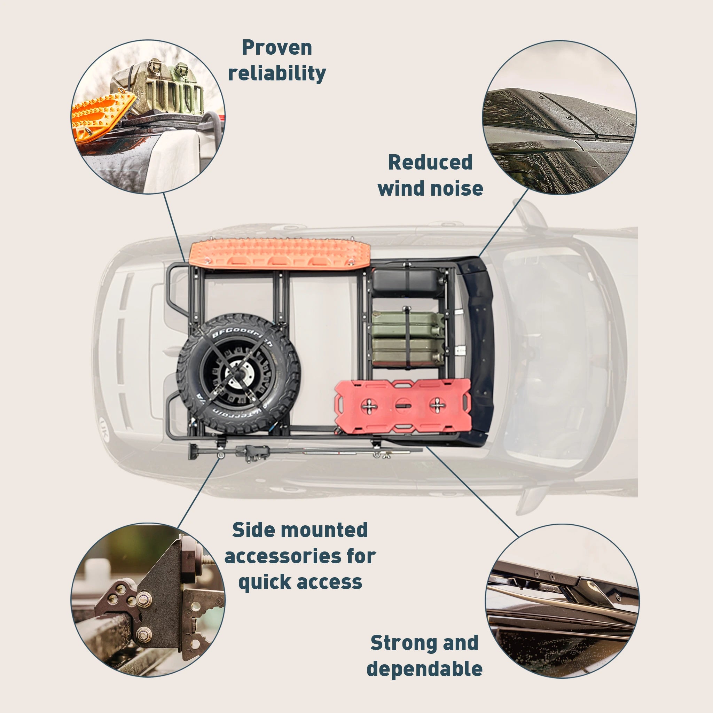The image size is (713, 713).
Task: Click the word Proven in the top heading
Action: (x=277, y=48)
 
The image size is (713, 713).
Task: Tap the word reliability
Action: (x=277, y=73)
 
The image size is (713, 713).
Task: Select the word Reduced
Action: (x=430, y=162)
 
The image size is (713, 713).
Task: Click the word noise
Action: (x=457, y=188)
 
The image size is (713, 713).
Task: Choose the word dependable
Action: (x=424, y=669)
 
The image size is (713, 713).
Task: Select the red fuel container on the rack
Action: (x=403, y=406)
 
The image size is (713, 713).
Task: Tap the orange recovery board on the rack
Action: (x=279, y=253)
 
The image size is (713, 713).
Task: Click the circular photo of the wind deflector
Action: (x=559, y=118)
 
